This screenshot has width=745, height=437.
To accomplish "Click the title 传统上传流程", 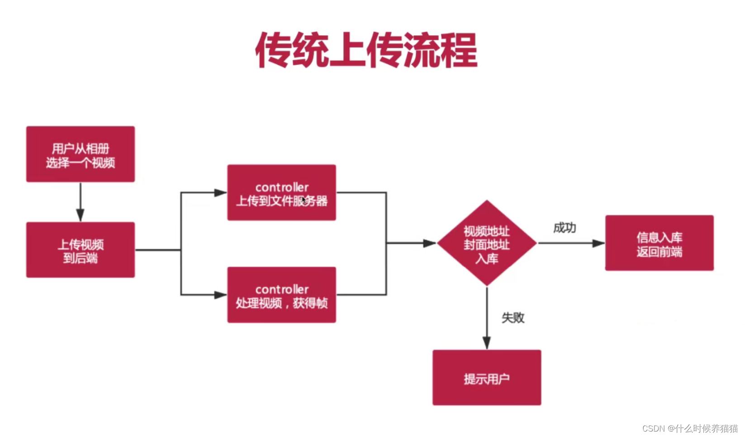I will click(366, 50).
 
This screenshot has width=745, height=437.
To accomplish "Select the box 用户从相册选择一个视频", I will click(81, 154).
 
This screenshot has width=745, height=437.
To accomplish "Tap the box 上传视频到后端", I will click(81, 250).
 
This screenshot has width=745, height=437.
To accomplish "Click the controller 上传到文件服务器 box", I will click(281, 193).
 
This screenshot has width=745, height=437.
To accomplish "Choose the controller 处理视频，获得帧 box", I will click(281, 295).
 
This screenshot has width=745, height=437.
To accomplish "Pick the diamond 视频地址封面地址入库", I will click(487, 244).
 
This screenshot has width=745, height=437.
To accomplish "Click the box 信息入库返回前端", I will click(659, 243).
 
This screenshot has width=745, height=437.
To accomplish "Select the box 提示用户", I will click(487, 378).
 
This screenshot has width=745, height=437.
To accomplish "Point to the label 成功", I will click(565, 228).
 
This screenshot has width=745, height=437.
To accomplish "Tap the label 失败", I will click(513, 317).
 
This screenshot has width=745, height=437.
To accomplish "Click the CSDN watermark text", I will click(689, 428).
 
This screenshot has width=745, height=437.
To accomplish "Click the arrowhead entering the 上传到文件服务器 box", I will click(220, 193).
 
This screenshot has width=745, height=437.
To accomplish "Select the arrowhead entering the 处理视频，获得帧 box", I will click(220, 295).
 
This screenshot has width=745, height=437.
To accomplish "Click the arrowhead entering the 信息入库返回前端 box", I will click(598, 244).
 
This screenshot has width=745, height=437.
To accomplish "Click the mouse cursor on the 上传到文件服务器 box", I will click(304, 200).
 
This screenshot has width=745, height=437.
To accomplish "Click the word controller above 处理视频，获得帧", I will click(282, 289).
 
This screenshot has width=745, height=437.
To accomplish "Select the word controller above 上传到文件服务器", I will click(282, 187).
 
